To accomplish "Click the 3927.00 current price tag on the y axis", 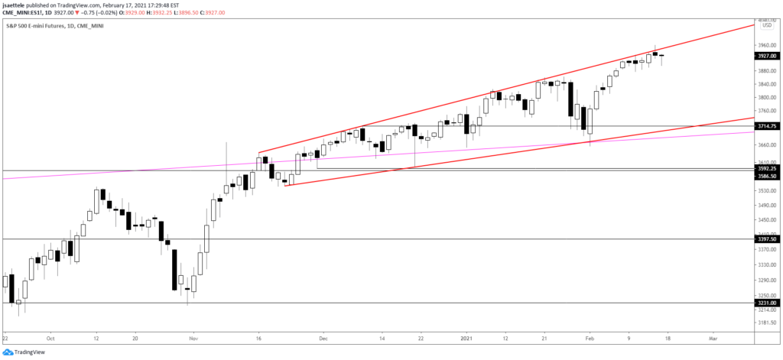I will pyautogui.click(x=767, y=56).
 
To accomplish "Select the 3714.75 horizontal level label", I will pyautogui.click(x=767, y=126).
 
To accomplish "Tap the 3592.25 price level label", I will pyautogui.click(x=767, y=168).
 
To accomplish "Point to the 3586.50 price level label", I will pyautogui.click(x=767, y=176).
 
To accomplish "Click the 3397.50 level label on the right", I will pyautogui.click(x=767, y=238).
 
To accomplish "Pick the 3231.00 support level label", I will pyautogui.click(x=767, y=303).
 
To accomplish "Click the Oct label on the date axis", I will pyautogui.click(x=49, y=337).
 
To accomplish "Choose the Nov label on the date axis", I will pyautogui.click(x=193, y=337).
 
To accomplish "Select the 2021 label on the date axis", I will pyautogui.click(x=467, y=337).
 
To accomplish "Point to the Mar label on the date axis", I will pyautogui.click(x=711, y=337).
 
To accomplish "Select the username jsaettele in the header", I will pyautogui.click(x=18, y=5).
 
